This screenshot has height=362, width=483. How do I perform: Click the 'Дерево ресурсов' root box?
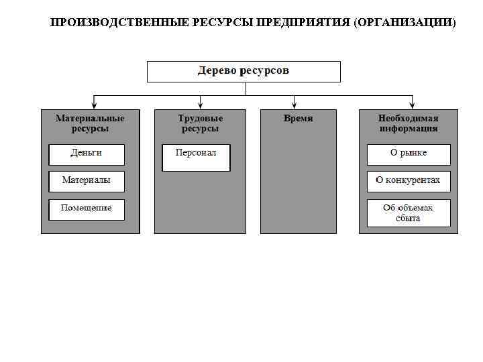244,71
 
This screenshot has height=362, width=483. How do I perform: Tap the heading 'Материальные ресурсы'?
90,123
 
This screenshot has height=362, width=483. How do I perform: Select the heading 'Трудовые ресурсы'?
199,123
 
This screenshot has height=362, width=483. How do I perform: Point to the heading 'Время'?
298,118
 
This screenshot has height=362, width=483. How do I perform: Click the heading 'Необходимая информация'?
408,123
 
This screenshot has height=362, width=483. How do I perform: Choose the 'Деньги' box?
87,154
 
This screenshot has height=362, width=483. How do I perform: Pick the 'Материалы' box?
87,181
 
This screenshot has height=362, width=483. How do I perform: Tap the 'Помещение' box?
87,208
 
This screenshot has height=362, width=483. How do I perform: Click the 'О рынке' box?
408,154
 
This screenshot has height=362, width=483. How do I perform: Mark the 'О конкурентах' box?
408,181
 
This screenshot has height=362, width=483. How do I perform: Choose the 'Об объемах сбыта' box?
408,213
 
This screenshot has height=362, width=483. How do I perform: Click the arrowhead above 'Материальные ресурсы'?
95,104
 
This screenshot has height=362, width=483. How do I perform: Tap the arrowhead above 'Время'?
294,104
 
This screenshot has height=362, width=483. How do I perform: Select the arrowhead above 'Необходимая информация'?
413,104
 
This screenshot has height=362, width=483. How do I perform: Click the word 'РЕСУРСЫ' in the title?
221,23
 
